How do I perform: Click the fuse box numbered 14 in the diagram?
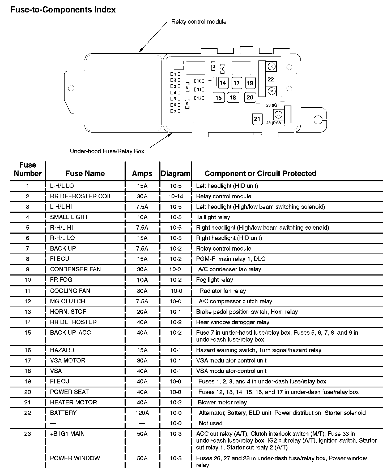click(223, 83)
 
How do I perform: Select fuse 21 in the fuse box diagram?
click(257, 119)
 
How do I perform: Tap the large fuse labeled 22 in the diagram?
click(270, 79)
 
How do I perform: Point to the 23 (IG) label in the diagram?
click(273, 105)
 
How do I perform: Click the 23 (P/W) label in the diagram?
click(274, 123)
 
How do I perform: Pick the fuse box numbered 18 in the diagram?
click(233, 97)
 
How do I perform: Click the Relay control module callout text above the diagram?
click(199, 22)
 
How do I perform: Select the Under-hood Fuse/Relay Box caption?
click(107, 151)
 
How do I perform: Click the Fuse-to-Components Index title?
click(63, 10)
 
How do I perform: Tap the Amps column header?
click(142, 173)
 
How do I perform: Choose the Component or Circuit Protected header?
click(260, 173)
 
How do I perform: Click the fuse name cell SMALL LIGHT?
click(69, 217)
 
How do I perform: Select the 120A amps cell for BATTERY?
click(142, 413)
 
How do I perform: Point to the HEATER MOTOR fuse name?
click(73, 402)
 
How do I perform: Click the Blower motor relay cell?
click(222, 403)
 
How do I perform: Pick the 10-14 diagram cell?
click(176, 196)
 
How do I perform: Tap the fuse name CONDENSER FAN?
click(75, 269)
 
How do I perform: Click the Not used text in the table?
click(210, 423)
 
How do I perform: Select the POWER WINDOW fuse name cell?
click(75, 458)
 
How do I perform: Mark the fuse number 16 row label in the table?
click(28, 350)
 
